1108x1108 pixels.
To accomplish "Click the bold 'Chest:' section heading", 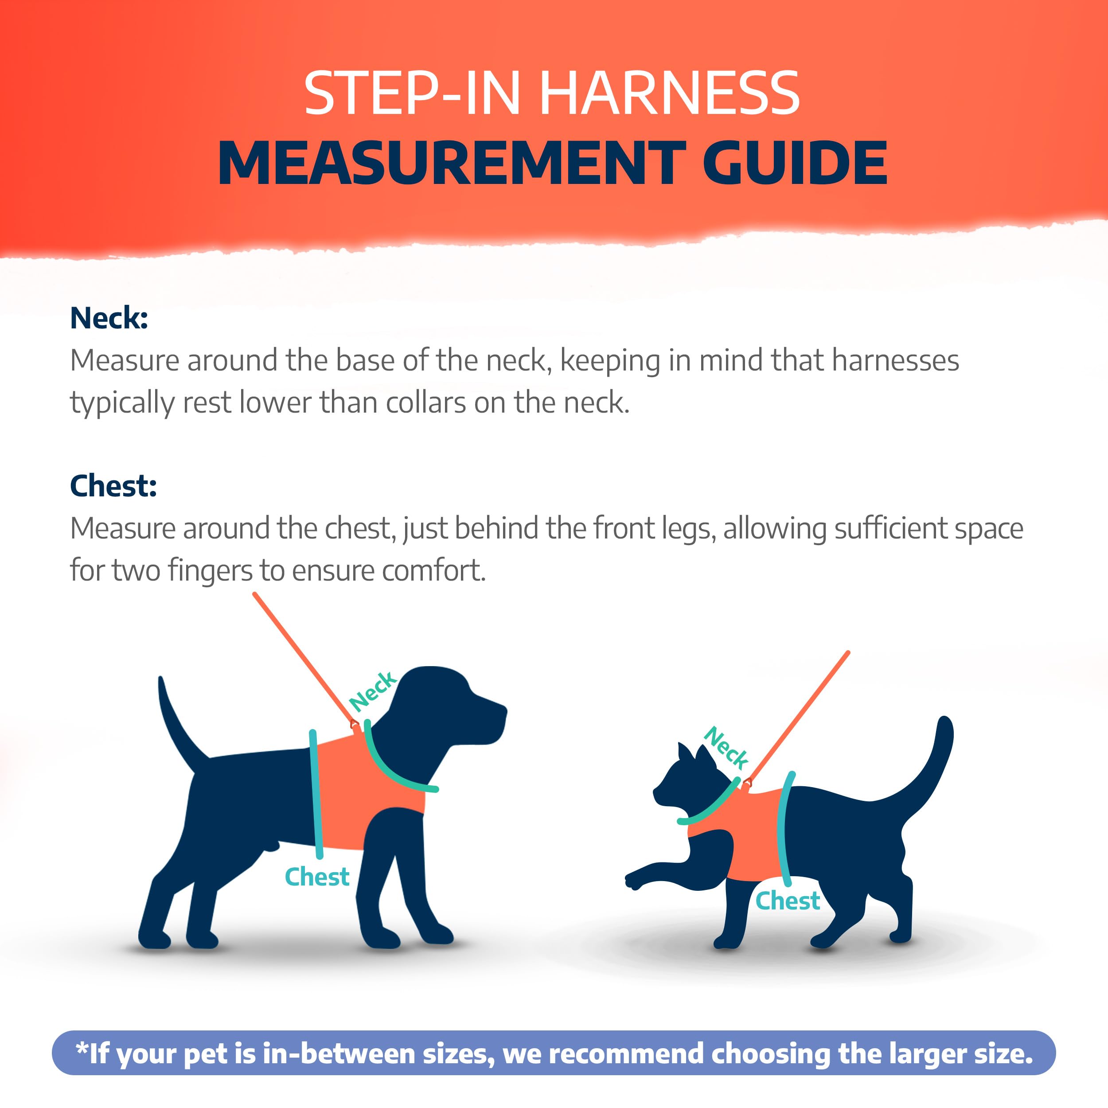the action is click(x=113, y=486).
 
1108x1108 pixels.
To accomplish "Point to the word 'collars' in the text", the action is click(x=426, y=402).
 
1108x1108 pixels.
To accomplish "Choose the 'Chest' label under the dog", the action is click(x=317, y=876).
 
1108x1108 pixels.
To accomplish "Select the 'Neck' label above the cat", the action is click(x=726, y=747).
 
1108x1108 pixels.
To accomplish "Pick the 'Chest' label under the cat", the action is click(x=788, y=901).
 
